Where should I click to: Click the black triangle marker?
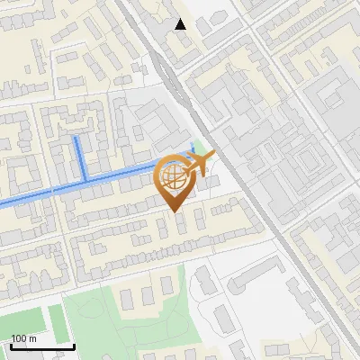[181, 24]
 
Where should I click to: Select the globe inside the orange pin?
[172, 177]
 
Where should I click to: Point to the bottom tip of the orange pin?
[173, 211]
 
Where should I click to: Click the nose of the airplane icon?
[212, 158]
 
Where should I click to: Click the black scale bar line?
[42, 346]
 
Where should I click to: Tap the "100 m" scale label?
[23, 338]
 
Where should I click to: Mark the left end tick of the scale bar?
[11, 344]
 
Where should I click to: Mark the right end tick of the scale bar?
[74, 344]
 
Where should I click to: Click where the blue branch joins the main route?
[83, 181]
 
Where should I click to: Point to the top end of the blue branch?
[76, 139]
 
